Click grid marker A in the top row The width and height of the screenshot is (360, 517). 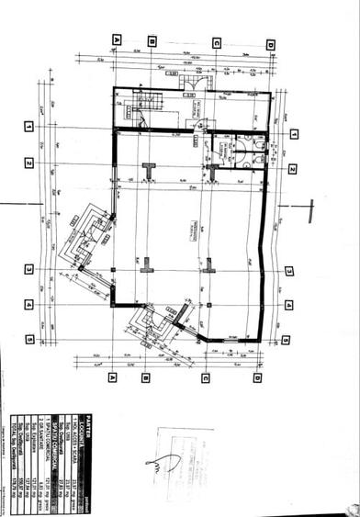click(x=116, y=39)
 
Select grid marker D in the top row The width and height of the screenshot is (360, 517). click(x=271, y=44)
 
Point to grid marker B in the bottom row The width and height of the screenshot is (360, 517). click(x=146, y=377)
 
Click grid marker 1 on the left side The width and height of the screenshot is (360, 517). click(x=29, y=126)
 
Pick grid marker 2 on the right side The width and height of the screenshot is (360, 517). click(x=291, y=169)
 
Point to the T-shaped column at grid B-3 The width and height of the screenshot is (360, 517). click(x=145, y=270)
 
